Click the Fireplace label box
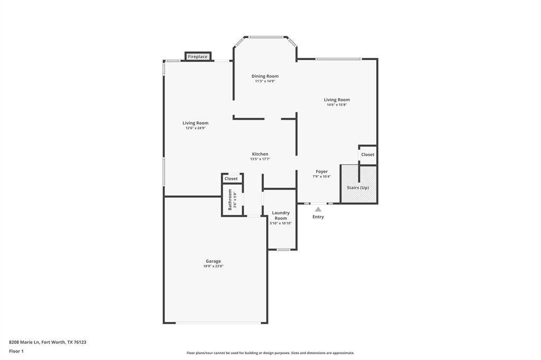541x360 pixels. [198, 56]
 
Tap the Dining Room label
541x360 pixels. [265, 76]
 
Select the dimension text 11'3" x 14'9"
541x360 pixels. [265, 81]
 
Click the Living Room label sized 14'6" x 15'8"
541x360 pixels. [337, 100]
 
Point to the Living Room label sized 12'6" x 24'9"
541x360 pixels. [195, 123]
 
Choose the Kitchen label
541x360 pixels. [260, 154]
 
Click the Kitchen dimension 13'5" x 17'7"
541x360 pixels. [260, 159]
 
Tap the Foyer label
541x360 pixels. [322, 172]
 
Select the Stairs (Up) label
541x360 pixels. [358, 187]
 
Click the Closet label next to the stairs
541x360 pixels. [368, 155]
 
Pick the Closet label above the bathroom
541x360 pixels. [231, 178]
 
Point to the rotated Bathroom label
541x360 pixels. [230, 200]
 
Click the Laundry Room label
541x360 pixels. [281, 215]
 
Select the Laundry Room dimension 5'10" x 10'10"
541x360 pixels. [281, 223]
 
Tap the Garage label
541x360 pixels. [213, 261]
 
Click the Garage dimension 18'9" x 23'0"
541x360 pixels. [213, 266]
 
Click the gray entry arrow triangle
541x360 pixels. [318, 210]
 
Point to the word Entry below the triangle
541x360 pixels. [318, 217]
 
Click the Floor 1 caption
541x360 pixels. [16, 352]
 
